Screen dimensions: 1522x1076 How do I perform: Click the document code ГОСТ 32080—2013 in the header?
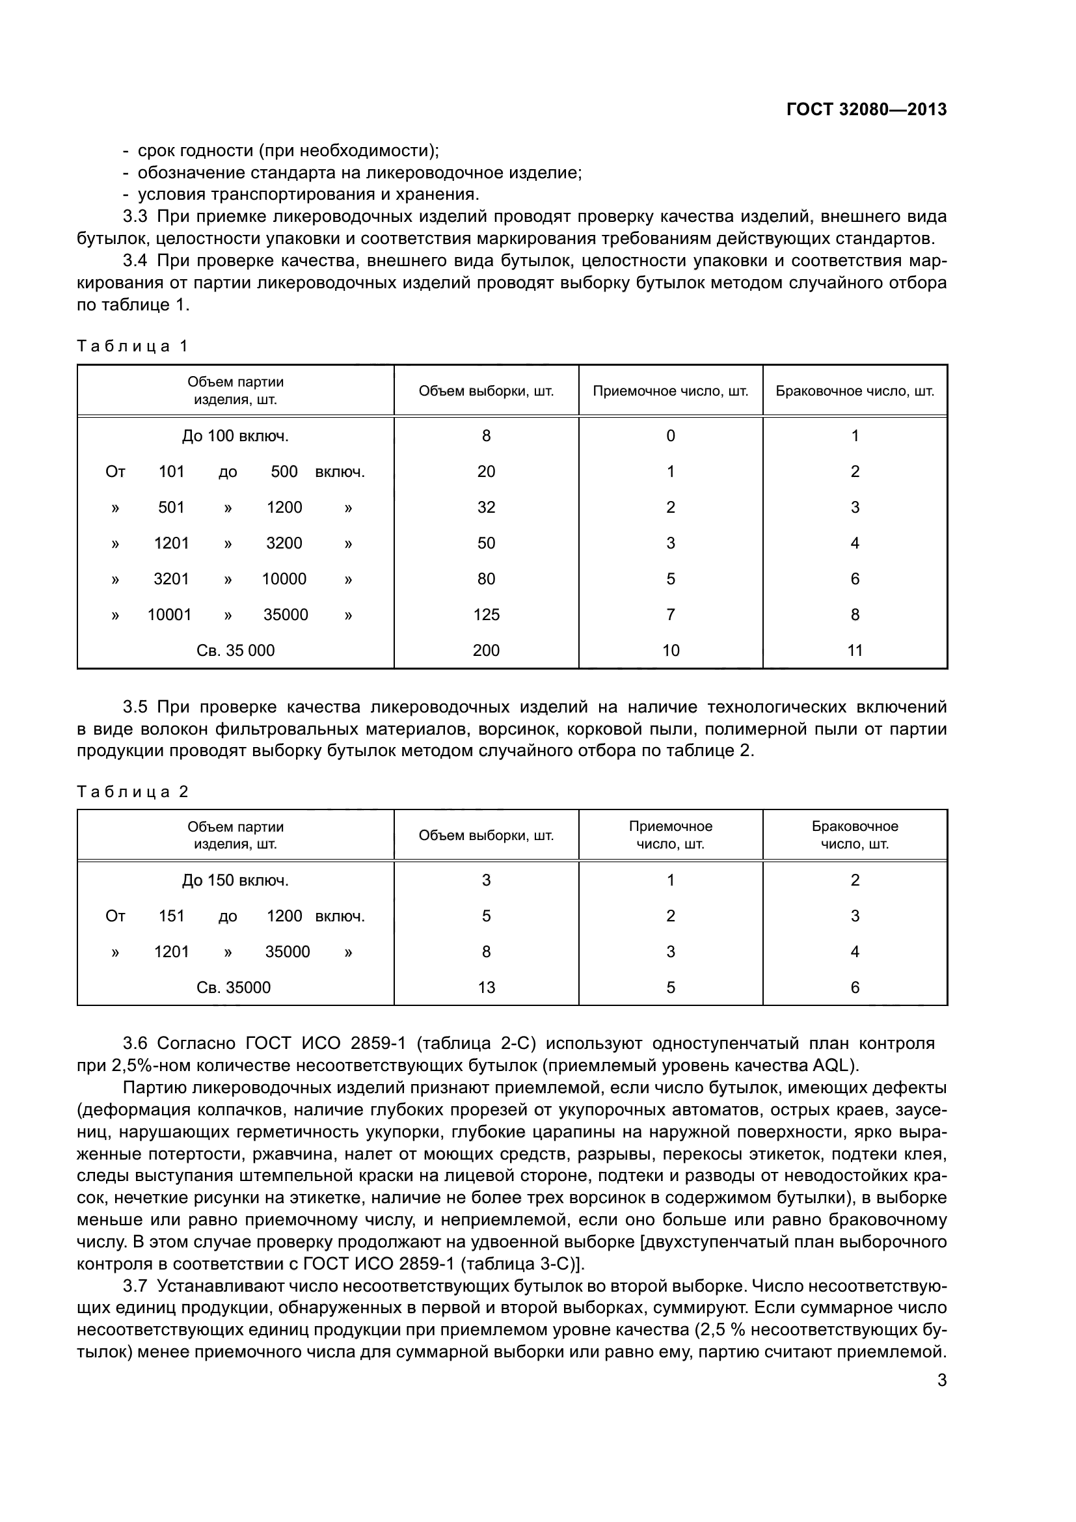pyautogui.click(x=866, y=109)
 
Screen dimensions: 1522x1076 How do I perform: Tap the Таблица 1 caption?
pyautogui.click(x=133, y=346)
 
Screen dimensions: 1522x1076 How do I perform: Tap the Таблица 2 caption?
pyautogui.click(x=133, y=791)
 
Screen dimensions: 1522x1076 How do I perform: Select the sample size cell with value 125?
pyautogui.click(x=486, y=614)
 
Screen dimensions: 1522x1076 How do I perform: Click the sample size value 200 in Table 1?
pyautogui.click(x=486, y=650)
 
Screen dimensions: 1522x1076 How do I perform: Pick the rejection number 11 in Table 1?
pyautogui.click(x=855, y=650)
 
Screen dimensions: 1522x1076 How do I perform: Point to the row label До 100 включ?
pyautogui.click(x=235, y=435)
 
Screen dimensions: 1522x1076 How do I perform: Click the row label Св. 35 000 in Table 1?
pyautogui.click(x=235, y=650)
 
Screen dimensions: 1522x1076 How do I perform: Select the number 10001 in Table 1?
pyautogui.click(x=169, y=614)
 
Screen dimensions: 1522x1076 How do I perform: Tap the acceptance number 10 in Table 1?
pyautogui.click(x=671, y=650)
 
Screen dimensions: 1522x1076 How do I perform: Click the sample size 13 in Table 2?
pyautogui.click(x=486, y=987)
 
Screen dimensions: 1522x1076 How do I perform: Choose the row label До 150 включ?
pyautogui.click(x=235, y=880)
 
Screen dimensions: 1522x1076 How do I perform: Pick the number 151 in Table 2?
pyautogui.click(x=171, y=916)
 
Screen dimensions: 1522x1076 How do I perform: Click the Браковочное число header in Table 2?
pyautogui.click(x=855, y=836)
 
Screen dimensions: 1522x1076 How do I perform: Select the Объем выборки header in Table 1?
pyautogui.click(x=486, y=391)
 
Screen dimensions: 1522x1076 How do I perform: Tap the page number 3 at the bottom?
pyautogui.click(x=941, y=1380)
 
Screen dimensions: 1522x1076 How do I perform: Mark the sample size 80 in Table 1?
pyautogui.click(x=486, y=578)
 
